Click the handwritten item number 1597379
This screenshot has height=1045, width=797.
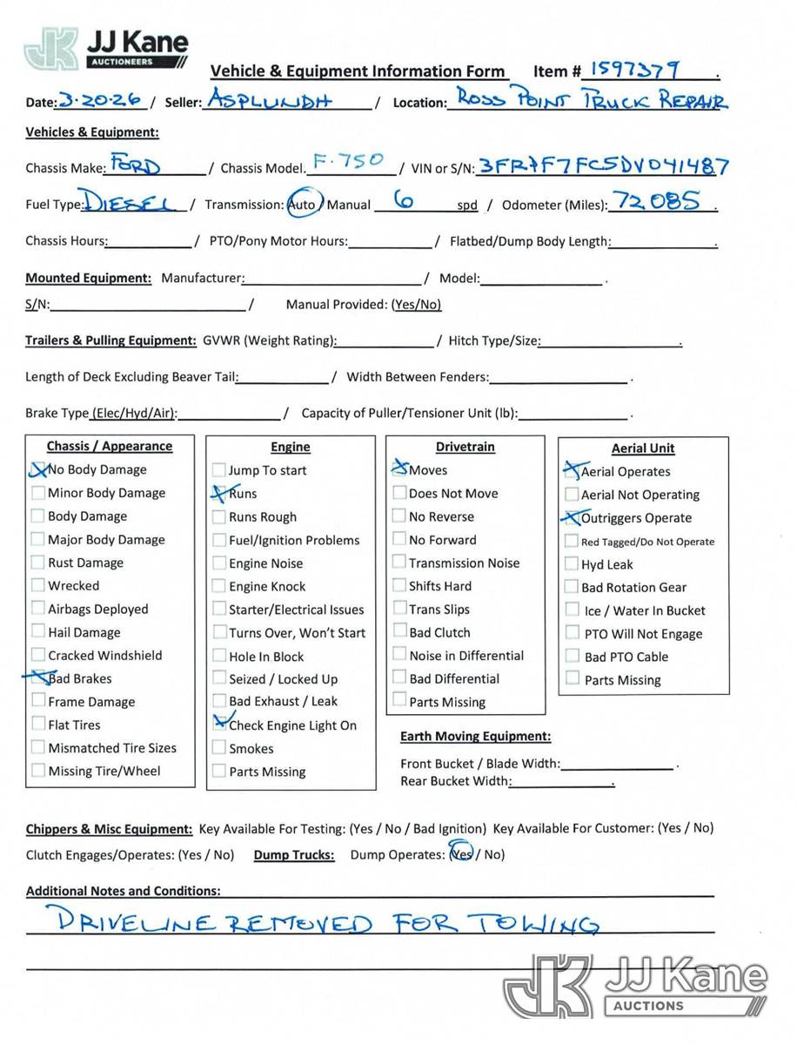pos(635,69)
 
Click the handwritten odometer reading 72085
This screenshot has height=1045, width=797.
pos(657,203)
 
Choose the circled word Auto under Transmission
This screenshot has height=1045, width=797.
pos(303,205)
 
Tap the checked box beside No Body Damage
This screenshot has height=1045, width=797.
pos(38,469)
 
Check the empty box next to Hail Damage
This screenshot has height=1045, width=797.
pos(38,632)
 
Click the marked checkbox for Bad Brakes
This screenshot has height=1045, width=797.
pos(38,678)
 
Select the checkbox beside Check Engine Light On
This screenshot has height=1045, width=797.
pos(219,725)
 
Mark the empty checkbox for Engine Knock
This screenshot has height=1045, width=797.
pos(219,586)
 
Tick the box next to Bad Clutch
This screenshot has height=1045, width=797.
pos(399,632)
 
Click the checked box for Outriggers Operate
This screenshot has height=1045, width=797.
pos(572,518)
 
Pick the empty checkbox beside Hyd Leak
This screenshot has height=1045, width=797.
pos(572,564)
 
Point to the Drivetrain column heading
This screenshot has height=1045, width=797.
pos(465,447)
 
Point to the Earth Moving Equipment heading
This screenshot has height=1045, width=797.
pos(475,737)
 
